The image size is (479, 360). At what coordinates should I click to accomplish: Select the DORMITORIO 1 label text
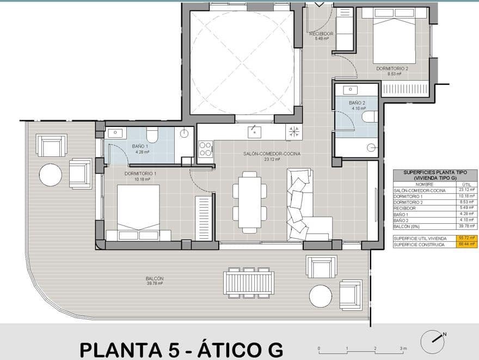coord(140,174)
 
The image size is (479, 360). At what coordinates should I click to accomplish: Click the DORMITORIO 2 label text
coord(392,69)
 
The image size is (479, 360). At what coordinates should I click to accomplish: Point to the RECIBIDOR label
coord(321,34)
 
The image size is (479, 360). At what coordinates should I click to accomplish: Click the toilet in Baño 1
coord(152,135)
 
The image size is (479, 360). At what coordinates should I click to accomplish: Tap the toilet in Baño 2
coord(369,117)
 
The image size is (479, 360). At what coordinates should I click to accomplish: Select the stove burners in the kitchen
coord(205,149)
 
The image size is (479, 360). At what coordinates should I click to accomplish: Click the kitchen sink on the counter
coord(253,131)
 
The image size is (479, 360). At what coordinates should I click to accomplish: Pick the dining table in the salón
coord(249,202)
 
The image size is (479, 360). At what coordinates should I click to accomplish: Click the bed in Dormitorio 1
coord(138,210)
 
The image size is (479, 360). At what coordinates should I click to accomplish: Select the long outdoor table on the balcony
coord(249,283)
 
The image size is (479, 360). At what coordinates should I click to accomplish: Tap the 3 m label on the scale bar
coord(402,348)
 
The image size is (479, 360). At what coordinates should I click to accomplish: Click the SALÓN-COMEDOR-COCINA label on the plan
coord(272,154)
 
